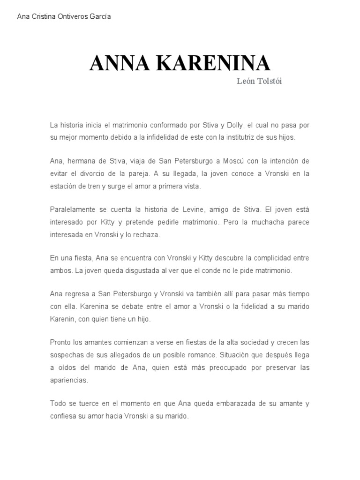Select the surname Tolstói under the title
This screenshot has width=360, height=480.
[x=269, y=82]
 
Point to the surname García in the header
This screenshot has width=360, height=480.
[x=100, y=16]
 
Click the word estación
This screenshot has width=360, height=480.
[x=63, y=186]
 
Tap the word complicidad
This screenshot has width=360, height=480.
[x=263, y=258]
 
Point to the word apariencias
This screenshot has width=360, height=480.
[x=69, y=380]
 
